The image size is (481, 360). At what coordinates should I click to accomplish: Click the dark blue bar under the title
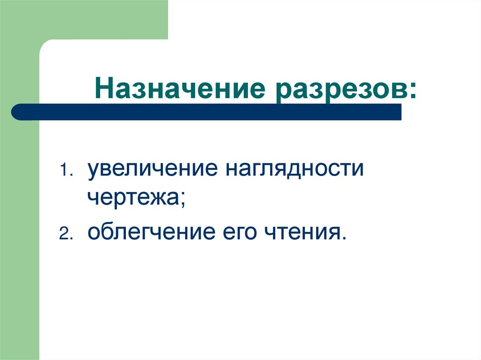pos(207,112)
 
